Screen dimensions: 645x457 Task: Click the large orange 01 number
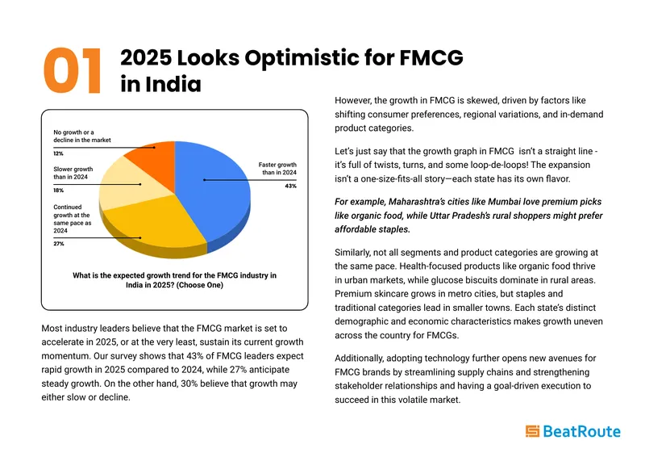click(x=72, y=70)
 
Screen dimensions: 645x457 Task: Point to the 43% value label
click(x=290, y=186)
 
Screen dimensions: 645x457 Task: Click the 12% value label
click(x=58, y=153)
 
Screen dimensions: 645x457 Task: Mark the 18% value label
click(x=58, y=191)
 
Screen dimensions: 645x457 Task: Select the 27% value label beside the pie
click(x=58, y=244)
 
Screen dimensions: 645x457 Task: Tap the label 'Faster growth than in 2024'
click(x=277, y=168)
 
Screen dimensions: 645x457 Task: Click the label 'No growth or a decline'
click(x=82, y=136)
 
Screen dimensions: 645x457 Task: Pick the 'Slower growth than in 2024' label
click(x=73, y=173)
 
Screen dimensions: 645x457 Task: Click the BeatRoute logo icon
click(x=532, y=431)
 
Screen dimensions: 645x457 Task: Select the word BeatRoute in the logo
click(x=581, y=431)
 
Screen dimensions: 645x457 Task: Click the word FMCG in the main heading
click(x=431, y=57)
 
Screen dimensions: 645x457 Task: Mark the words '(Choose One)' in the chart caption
click(x=199, y=285)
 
